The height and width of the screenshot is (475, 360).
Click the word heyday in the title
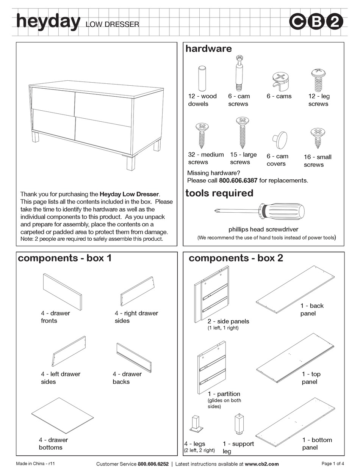tap(48, 22)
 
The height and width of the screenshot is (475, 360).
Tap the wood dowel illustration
tap(202, 78)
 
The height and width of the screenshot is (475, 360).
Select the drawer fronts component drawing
tap(62, 292)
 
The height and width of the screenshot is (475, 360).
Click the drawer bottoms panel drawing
tap(63, 415)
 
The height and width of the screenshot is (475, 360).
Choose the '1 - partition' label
tap(224, 394)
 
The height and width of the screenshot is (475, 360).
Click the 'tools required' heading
tap(219, 193)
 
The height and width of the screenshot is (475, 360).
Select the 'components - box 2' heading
tap(236, 258)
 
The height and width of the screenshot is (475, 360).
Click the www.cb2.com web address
tap(261, 464)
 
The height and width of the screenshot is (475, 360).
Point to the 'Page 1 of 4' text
tap(332, 463)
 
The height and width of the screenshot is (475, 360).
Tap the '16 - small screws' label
tap(317, 161)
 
